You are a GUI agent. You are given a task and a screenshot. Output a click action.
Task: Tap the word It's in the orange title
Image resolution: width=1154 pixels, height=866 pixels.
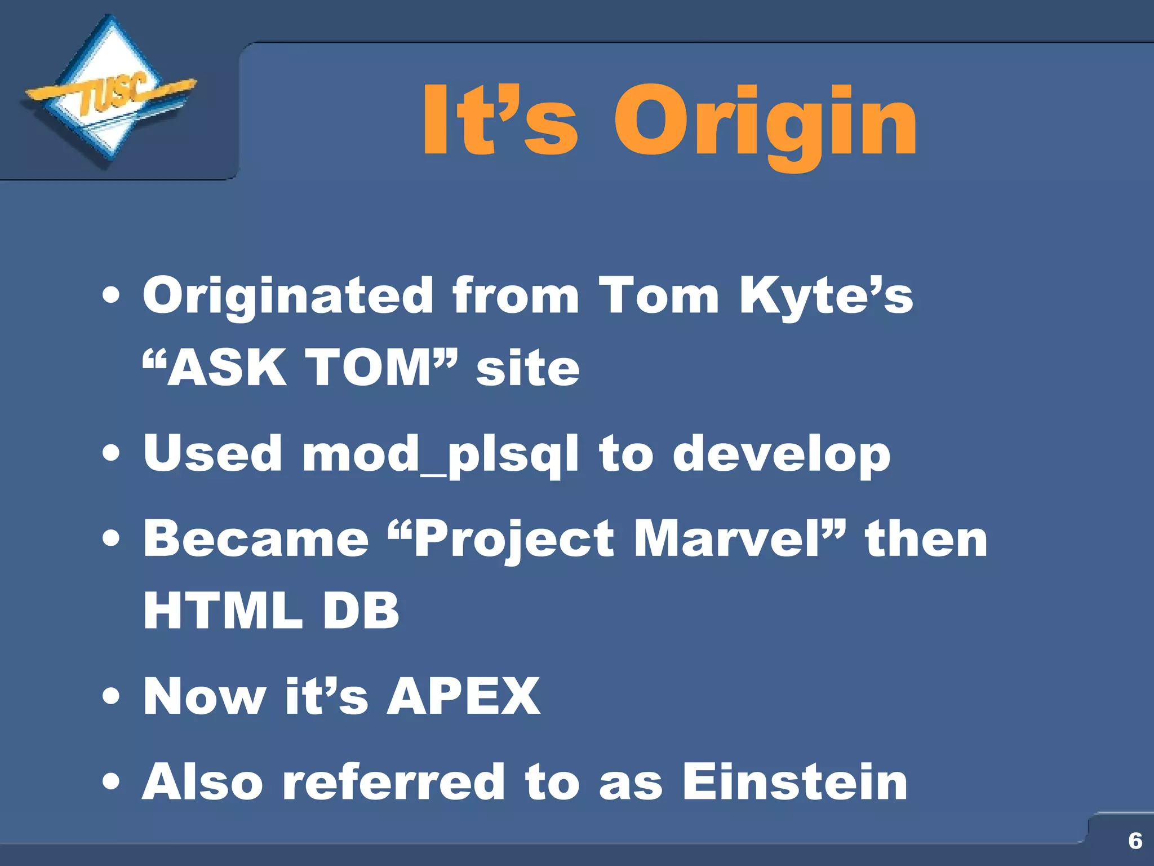499,120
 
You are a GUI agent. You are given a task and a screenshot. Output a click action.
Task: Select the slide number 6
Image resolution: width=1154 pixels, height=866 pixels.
1135,841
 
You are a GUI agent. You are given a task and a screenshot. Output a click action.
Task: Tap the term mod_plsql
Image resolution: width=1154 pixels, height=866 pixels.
440,454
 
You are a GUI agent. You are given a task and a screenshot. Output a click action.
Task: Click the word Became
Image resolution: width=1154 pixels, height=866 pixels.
256,539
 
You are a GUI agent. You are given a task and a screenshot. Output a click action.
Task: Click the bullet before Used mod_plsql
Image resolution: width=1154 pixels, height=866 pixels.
112,454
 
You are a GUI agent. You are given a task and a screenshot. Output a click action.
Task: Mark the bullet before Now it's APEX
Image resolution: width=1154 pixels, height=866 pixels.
112,696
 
